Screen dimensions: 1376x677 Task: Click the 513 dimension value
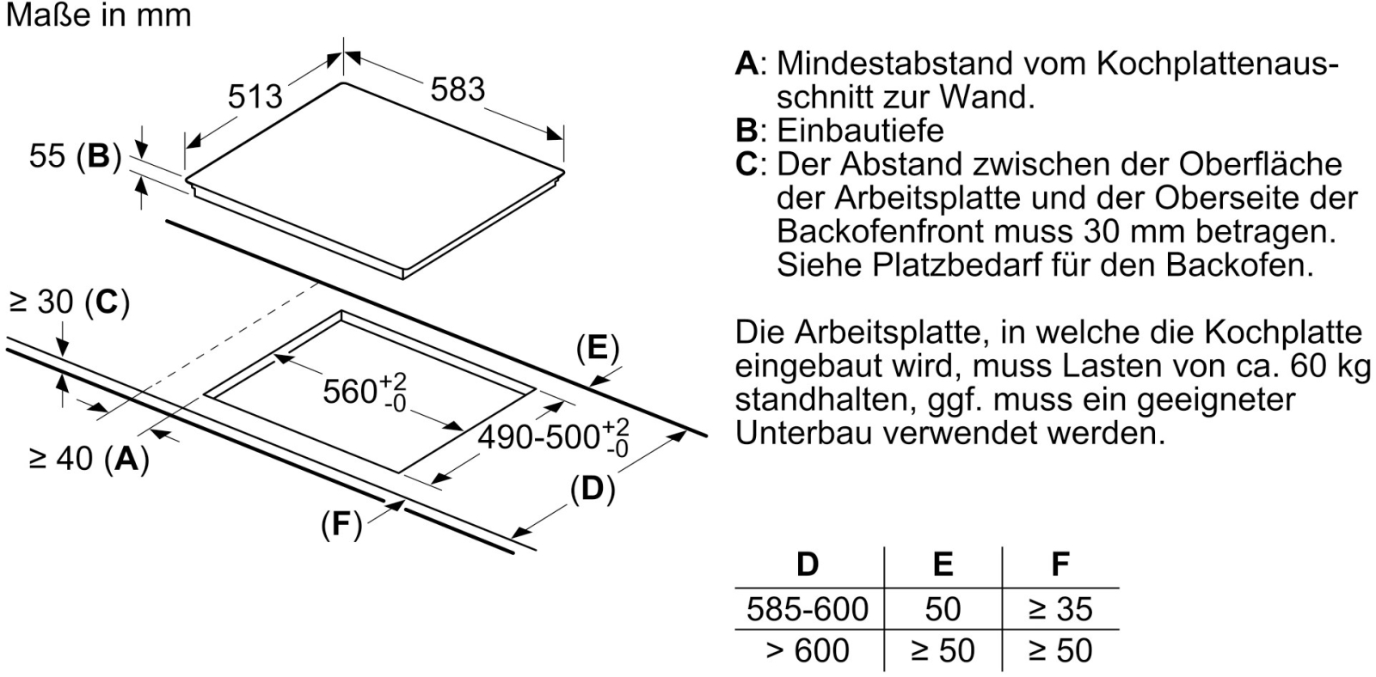tap(255, 96)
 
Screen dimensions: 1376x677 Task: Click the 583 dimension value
tap(458, 89)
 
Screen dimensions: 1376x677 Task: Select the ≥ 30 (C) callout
tap(70, 302)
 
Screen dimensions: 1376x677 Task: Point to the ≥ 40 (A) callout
tap(89, 458)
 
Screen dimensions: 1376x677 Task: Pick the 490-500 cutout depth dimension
tap(554, 437)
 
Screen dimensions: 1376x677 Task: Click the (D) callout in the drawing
tap(593, 489)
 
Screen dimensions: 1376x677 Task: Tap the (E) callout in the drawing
tap(598, 348)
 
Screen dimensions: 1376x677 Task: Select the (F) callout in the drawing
tap(341, 525)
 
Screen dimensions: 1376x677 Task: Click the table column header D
tap(808, 564)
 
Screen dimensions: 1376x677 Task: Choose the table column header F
tap(1060, 564)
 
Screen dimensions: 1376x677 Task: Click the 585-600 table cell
tap(808, 609)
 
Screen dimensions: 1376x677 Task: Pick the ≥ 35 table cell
tap(1060, 609)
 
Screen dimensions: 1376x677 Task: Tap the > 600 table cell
tap(808, 650)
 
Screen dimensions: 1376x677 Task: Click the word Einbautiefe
tap(861, 130)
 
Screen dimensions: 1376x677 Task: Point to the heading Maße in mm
tap(98, 15)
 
